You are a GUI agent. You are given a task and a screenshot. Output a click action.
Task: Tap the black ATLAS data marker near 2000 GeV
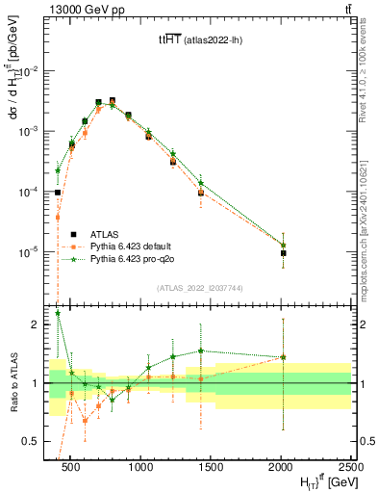pyautogui.click(x=284, y=253)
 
